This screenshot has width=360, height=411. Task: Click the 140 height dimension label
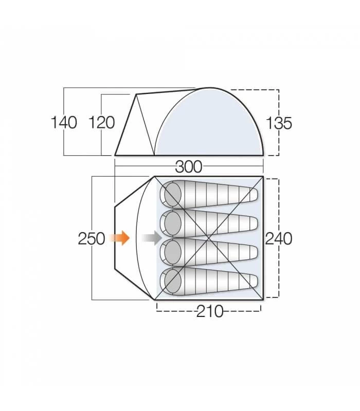point(64,123)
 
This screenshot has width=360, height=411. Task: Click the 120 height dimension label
point(102,123)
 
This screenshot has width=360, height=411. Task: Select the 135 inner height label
point(279,123)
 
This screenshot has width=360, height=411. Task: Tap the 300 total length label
point(189,167)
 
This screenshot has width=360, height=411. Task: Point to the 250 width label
point(92,239)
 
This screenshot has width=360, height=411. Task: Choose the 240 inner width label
point(279,239)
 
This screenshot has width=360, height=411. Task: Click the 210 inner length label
point(210,311)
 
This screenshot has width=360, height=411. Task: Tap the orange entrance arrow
point(121,238)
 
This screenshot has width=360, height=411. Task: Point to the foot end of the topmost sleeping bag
point(252,195)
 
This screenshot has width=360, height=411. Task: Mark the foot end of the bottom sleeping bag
point(252,281)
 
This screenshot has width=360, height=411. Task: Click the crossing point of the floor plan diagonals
point(209,238)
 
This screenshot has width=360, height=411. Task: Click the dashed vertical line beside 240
point(278,267)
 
